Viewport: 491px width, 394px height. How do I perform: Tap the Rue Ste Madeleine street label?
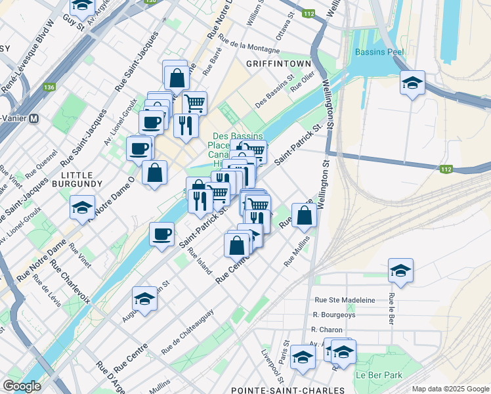coord(345,300)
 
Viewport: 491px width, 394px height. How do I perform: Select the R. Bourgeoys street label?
coord(334,315)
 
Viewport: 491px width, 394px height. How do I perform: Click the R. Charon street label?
coord(324,330)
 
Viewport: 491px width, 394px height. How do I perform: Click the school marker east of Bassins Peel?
coord(412,83)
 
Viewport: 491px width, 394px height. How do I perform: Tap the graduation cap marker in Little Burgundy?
coord(82,208)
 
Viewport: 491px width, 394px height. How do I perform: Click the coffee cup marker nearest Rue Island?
coord(161,234)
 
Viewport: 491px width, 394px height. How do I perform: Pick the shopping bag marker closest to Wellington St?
coord(304,215)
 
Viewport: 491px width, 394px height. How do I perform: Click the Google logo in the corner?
coord(22,386)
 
